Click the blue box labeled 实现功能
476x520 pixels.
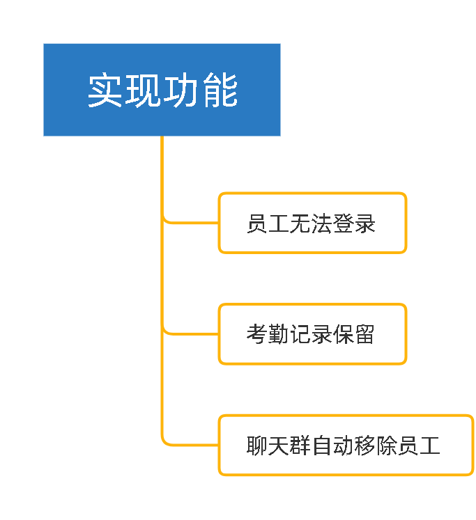[x=162, y=90]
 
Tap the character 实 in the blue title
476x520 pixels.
[x=105, y=90]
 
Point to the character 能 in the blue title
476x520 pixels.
[x=220, y=90]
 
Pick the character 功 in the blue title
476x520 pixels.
[x=182, y=90]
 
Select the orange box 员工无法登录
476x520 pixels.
[x=312, y=223]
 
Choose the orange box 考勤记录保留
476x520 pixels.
[x=312, y=334]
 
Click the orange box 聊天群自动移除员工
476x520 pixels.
[x=346, y=445]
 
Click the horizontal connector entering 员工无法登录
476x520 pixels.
[x=191, y=223]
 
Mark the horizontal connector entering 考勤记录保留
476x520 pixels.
[x=191, y=333]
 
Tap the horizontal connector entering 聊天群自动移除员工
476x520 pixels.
[x=191, y=445]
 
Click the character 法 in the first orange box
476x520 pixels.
[x=322, y=223]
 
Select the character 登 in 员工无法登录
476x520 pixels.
[x=343, y=223]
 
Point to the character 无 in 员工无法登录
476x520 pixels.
[x=300, y=223]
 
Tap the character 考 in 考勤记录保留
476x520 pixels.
[x=257, y=334]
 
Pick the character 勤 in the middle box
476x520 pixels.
[x=279, y=334]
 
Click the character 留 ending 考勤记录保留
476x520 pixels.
[x=364, y=334]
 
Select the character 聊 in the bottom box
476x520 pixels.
[x=257, y=446]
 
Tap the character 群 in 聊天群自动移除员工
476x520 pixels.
[x=300, y=446]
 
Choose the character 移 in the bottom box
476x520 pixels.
[x=364, y=446]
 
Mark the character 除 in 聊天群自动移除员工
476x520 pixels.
[x=386, y=446]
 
